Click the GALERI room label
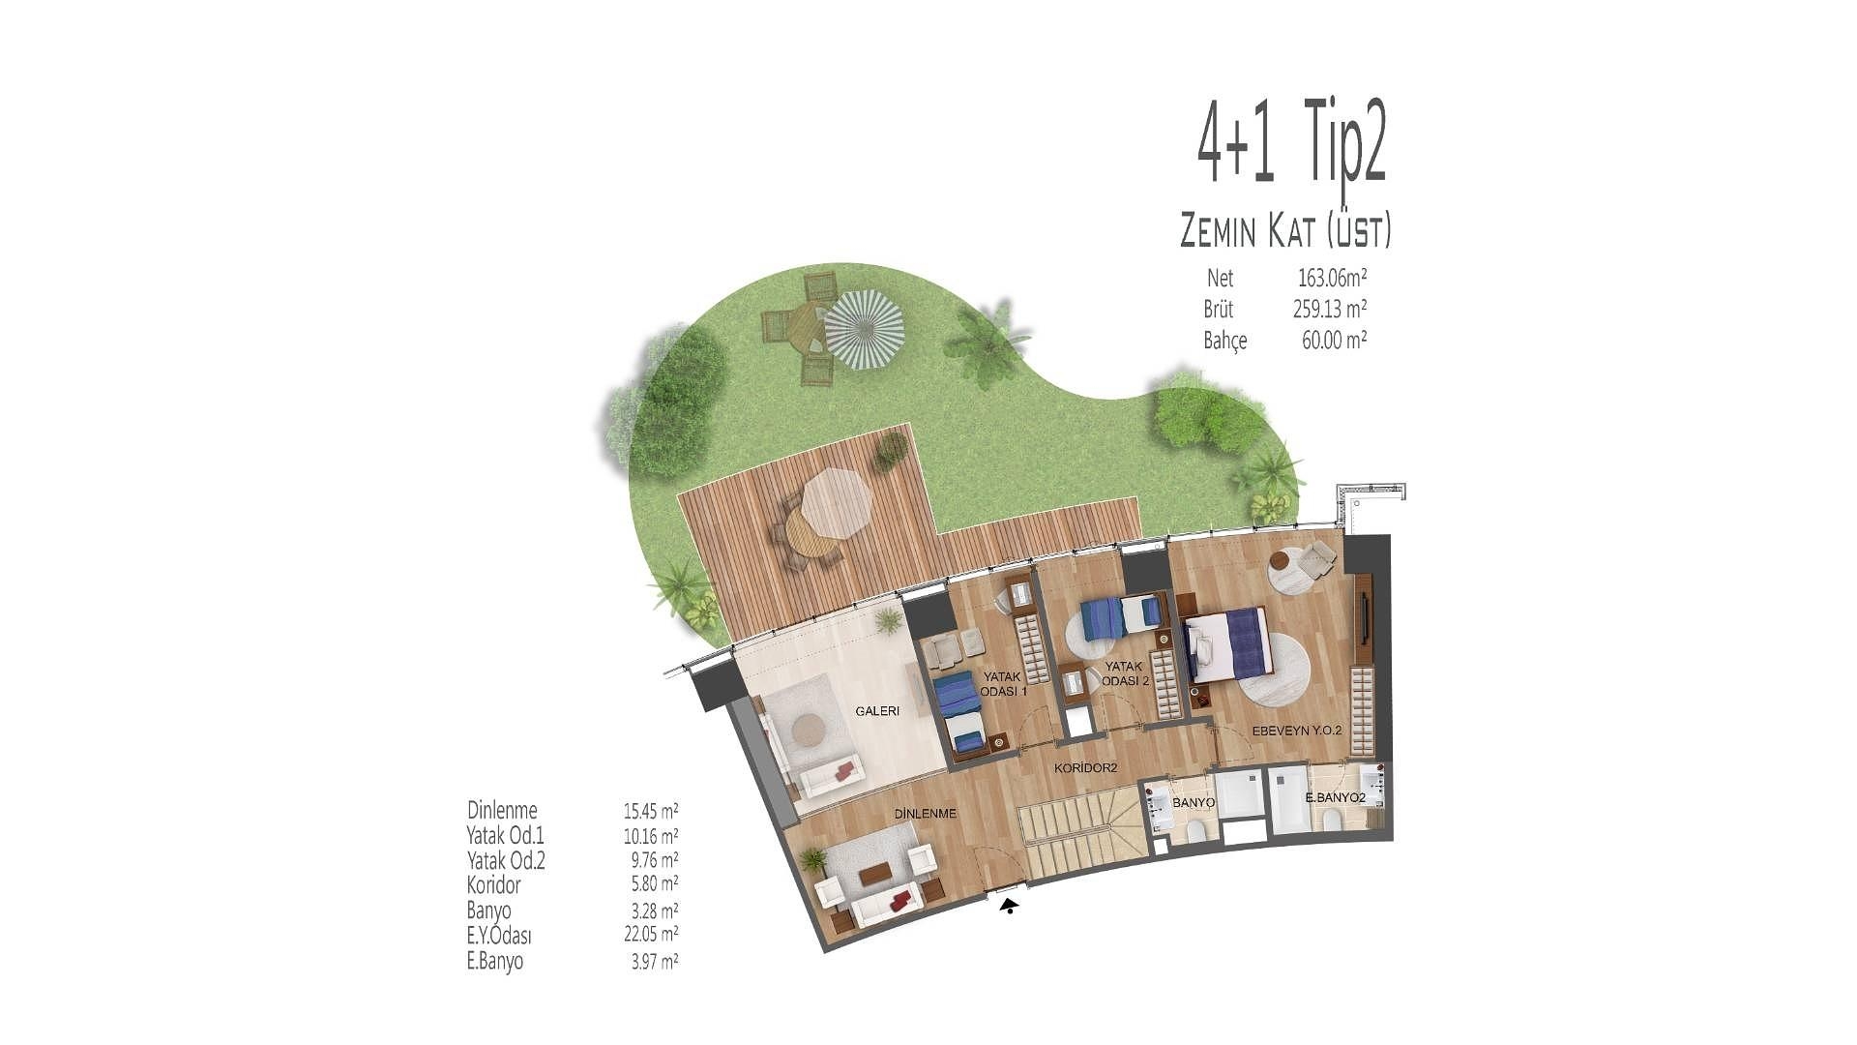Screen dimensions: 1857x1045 click(877, 711)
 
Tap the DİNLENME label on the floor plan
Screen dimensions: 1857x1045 click(925, 814)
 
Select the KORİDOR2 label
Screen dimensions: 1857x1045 click(1085, 768)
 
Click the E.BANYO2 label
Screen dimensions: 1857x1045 click(1335, 798)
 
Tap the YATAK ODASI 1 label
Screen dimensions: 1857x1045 click(1004, 684)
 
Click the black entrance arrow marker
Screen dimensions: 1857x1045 click(1010, 907)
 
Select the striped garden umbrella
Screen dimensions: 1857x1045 click(864, 330)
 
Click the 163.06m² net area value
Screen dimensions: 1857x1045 click(1332, 279)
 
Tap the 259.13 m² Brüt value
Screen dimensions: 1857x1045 click(1330, 310)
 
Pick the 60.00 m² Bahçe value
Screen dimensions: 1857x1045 click(1334, 341)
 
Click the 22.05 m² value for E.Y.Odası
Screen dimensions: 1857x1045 click(651, 935)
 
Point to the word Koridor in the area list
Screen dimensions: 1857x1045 click(493, 885)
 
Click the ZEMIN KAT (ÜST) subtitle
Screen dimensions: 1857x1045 click(1286, 232)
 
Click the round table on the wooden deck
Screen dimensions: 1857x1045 click(811, 534)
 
